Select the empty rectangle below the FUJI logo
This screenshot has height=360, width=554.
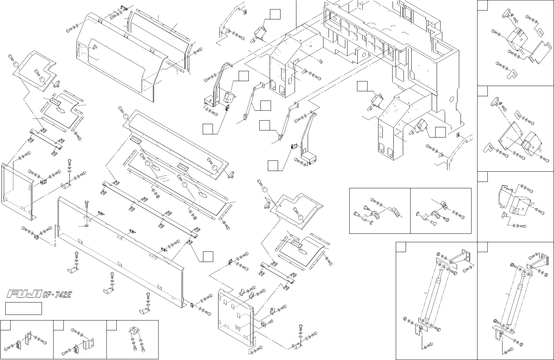24,308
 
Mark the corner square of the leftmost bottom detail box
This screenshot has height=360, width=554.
5,325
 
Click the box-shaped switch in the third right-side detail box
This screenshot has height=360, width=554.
518,205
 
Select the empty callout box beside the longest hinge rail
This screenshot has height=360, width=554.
208,257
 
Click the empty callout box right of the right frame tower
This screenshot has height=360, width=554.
441,132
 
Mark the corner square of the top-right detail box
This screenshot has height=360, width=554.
483,5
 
